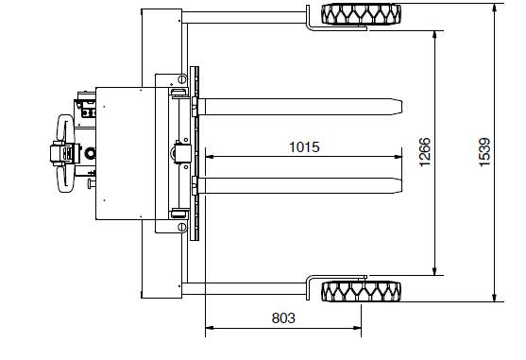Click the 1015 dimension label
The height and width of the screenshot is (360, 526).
(x=304, y=147)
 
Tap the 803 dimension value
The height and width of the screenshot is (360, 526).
(x=283, y=318)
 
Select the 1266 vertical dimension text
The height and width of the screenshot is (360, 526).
(x=425, y=151)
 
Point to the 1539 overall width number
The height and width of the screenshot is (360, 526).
(x=484, y=151)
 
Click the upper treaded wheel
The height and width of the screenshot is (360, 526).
(x=362, y=14)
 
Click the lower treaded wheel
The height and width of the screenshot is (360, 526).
(x=362, y=291)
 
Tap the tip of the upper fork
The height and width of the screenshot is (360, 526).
(x=402, y=107)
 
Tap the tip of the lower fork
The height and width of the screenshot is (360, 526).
(x=402, y=186)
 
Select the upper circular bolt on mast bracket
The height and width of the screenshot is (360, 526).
(x=182, y=79)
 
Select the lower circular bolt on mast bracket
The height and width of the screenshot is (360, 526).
(x=182, y=227)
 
